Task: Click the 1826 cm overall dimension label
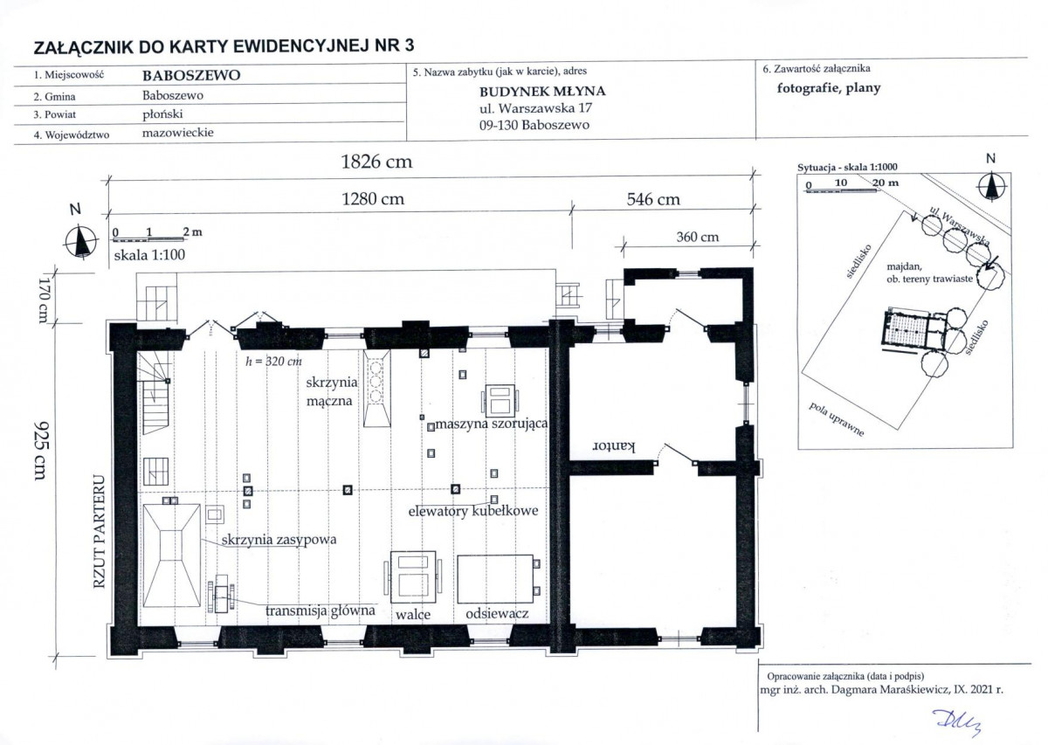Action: click(x=376, y=162)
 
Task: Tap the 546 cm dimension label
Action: click(x=653, y=199)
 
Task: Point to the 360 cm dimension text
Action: click(x=697, y=237)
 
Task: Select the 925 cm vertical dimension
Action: click(x=41, y=450)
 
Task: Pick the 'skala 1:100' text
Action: click(x=149, y=255)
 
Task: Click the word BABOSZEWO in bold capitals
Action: click(x=191, y=75)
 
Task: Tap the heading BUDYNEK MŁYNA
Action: click(x=542, y=91)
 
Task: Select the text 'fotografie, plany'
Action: click(x=829, y=88)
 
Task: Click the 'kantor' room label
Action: click(x=614, y=446)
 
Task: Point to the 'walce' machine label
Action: click(x=412, y=614)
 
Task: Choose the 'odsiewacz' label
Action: click(x=497, y=613)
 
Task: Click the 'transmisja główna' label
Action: click(x=320, y=610)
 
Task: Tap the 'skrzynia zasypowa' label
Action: click(x=279, y=540)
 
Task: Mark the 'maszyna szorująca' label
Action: click(x=491, y=424)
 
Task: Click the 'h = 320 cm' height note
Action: click(x=273, y=362)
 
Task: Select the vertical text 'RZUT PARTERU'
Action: click(x=99, y=532)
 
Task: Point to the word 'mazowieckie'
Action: click(x=178, y=133)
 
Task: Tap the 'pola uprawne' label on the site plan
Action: click(x=837, y=419)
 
